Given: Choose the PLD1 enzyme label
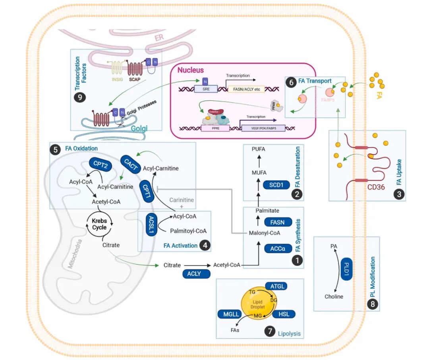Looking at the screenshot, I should pyautogui.click(x=346, y=269).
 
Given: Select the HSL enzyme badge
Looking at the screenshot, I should pyautogui.click(x=284, y=314).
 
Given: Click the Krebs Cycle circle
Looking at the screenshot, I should pyautogui.click(x=99, y=225).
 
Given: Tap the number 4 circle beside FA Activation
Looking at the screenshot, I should pyautogui.click(x=205, y=246).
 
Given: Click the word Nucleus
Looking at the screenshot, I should pyautogui.click(x=190, y=70).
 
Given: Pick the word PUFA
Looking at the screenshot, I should pyautogui.click(x=258, y=149).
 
